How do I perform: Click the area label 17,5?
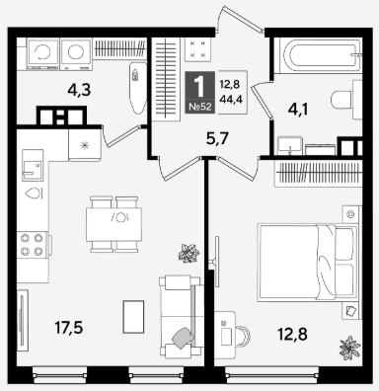69,328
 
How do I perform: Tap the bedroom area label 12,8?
292,334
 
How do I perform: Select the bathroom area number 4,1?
298,110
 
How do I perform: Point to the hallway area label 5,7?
217,138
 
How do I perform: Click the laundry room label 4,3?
79,90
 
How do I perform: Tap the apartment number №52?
200,107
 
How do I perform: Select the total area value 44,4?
231,99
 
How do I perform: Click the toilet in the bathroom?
346,100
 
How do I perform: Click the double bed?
308,263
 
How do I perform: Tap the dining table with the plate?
114,224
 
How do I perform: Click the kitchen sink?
33,165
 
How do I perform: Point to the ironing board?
137,88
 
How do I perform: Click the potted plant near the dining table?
189,254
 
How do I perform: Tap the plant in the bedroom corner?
350,349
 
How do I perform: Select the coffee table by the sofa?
133,317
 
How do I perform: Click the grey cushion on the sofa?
184,338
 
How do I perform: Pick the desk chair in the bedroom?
243,336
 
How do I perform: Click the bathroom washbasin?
289,145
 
